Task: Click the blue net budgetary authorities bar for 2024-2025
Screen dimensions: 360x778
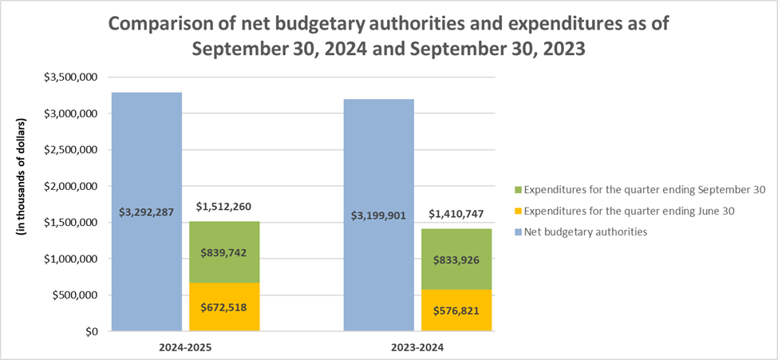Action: coord(146,160)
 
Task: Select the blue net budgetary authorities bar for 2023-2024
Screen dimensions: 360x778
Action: coord(378,160)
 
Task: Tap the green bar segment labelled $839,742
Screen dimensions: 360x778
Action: coord(224,251)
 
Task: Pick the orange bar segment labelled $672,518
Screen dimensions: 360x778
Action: coord(224,307)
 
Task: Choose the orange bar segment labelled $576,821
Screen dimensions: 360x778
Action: coord(456,311)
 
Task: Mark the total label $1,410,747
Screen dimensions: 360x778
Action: coord(456,215)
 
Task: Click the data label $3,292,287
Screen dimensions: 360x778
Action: coord(148,213)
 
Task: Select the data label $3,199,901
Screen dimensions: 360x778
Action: coord(380,216)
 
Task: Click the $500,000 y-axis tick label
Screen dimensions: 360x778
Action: coord(77,295)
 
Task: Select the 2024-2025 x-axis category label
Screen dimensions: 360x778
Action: coord(186,348)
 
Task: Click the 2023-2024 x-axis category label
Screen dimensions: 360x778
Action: coord(418,348)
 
